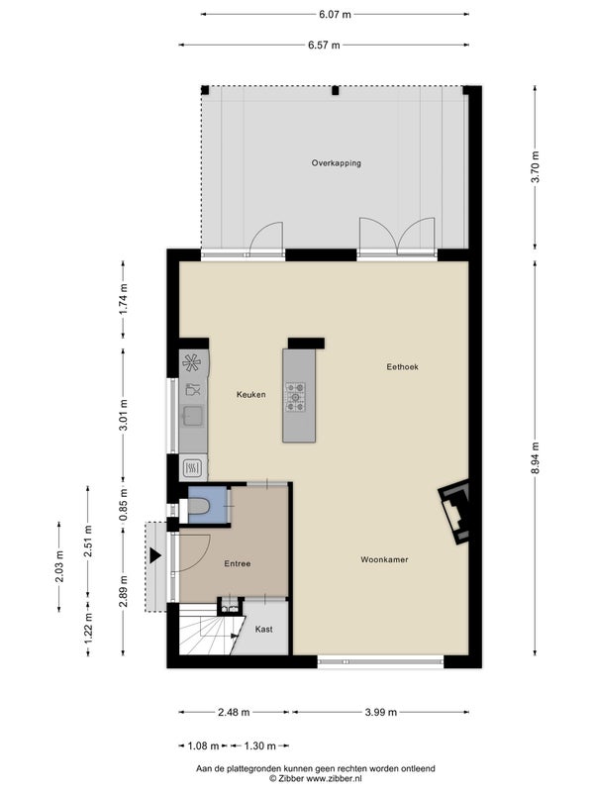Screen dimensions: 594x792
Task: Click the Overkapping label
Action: tap(336, 163)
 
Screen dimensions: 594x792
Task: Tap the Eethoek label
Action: tap(403, 367)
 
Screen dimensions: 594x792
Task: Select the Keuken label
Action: tap(251, 394)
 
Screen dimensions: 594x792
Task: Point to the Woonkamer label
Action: tap(384, 559)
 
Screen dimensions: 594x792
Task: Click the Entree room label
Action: tap(238, 563)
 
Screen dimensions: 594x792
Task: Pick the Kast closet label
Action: tap(263, 630)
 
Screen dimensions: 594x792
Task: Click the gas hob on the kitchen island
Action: tap(295, 397)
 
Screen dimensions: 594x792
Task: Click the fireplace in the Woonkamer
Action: tap(455, 511)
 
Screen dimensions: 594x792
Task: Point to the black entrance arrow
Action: tap(154, 555)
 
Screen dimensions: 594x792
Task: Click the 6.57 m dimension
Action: tap(324, 45)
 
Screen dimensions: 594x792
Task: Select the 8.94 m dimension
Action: tap(536, 457)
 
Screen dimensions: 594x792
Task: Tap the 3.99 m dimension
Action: tap(381, 712)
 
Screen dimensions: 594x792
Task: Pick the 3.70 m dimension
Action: tap(536, 167)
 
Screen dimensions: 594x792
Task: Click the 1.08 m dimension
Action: tap(203, 745)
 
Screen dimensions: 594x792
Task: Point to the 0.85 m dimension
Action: tap(123, 504)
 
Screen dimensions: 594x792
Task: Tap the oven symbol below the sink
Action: tap(192, 468)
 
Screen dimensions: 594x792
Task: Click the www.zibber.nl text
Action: tap(334, 779)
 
